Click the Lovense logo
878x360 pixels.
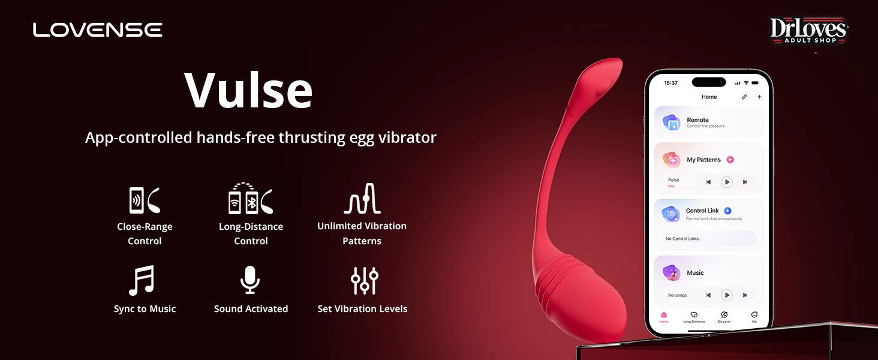(98, 30)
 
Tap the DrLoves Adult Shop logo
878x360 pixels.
(808, 30)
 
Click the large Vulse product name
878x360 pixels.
(248, 90)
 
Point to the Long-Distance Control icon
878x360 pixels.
(251, 199)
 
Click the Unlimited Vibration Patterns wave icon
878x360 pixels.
(362, 199)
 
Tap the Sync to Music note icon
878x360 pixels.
(142, 280)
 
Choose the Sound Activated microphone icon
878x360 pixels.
(250, 280)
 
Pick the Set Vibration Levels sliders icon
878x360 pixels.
(365, 280)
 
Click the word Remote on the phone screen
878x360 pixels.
(697, 120)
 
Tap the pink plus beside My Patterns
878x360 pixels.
(730, 160)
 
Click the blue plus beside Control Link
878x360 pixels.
(728, 211)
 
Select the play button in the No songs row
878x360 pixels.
(727, 295)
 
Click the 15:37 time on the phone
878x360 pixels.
(670, 83)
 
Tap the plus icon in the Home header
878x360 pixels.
(759, 97)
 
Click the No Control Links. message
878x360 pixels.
(682, 238)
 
